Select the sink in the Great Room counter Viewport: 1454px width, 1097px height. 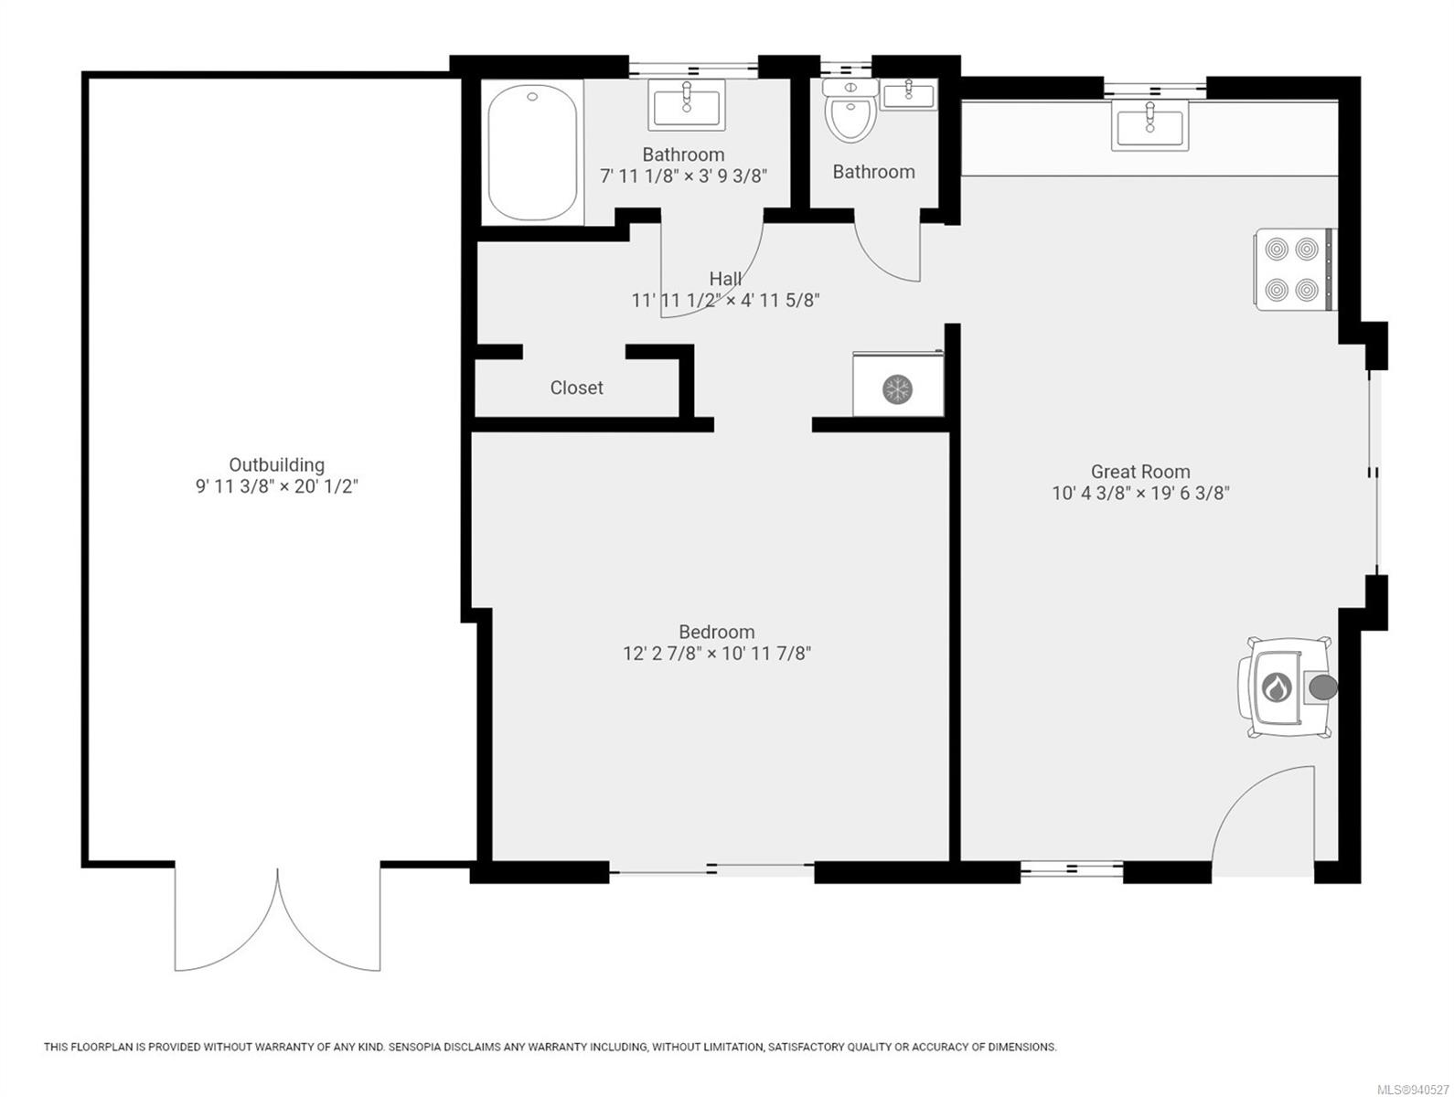(1149, 125)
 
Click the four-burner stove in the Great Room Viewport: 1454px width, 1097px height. (1292, 269)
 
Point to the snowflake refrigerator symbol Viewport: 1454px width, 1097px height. (897, 389)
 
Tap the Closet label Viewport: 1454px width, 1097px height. (576, 388)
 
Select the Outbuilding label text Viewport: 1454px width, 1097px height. (276, 464)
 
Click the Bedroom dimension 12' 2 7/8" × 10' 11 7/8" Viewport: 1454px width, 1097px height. (717, 654)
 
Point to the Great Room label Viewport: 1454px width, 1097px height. (1139, 472)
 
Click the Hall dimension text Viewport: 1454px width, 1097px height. (725, 300)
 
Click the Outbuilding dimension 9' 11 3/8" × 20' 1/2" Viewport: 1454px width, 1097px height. (276, 486)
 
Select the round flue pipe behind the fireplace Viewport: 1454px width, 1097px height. (1321, 687)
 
